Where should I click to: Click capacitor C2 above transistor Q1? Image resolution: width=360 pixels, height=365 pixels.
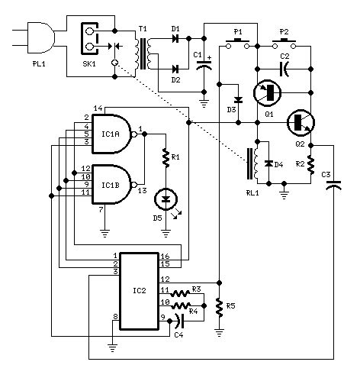point(284,69)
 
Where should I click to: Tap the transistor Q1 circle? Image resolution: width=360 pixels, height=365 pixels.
point(268,93)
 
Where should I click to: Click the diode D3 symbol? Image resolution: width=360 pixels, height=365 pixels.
point(238,100)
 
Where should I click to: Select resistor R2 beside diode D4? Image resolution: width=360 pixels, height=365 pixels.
point(311,163)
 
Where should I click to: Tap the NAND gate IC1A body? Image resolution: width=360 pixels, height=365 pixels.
point(108,131)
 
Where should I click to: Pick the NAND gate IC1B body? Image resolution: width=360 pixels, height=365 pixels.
point(108,179)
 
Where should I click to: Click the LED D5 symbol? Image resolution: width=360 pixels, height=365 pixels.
point(163,201)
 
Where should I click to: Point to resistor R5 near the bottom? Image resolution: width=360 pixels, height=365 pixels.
point(220,308)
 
